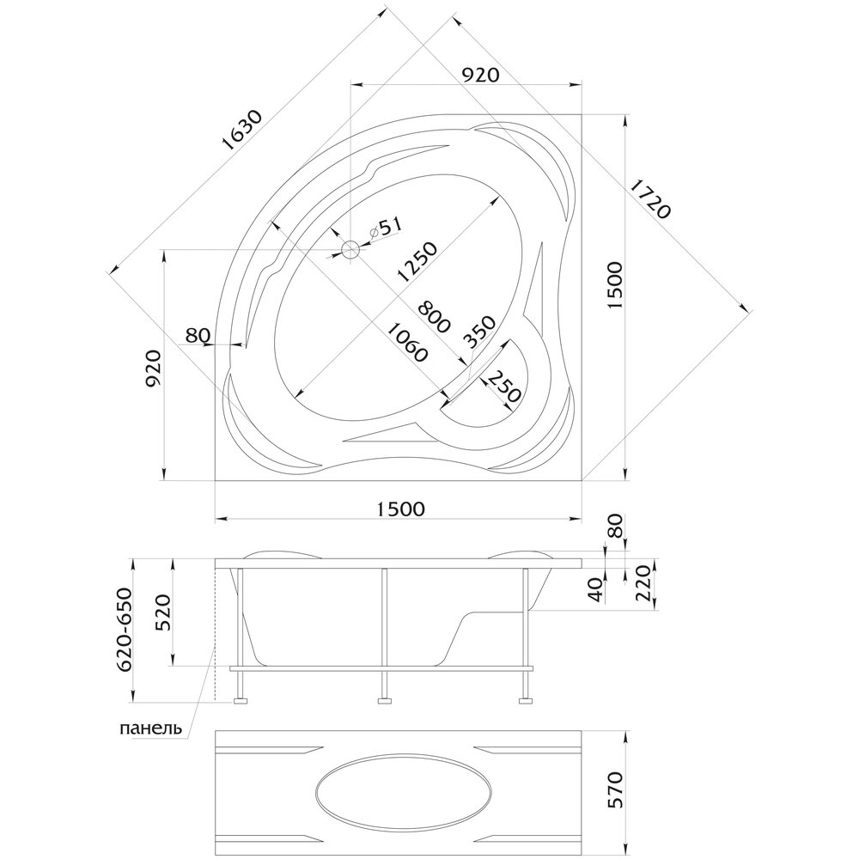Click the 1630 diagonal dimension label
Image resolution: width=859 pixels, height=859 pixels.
(243, 131)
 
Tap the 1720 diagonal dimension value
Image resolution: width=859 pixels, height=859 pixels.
(649, 199)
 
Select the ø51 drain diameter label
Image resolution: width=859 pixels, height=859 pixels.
(386, 227)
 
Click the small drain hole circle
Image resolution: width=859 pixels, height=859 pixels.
(350, 250)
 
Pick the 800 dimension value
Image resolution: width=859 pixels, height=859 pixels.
(433, 316)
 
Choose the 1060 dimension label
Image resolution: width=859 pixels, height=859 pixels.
(406, 342)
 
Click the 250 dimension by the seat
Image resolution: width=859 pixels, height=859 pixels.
(503, 387)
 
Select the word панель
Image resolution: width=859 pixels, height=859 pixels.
(150, 728)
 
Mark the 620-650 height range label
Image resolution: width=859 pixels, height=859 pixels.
(125, 630)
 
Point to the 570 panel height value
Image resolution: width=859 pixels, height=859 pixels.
(615, 789)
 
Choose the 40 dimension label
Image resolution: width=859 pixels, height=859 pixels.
(596, 591)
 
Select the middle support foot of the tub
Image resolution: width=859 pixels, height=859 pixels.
(385, 699)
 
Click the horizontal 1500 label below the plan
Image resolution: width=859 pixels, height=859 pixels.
(400, 509)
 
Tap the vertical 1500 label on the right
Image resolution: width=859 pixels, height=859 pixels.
(615, 286)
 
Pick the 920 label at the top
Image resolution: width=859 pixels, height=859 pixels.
(480, 75)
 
